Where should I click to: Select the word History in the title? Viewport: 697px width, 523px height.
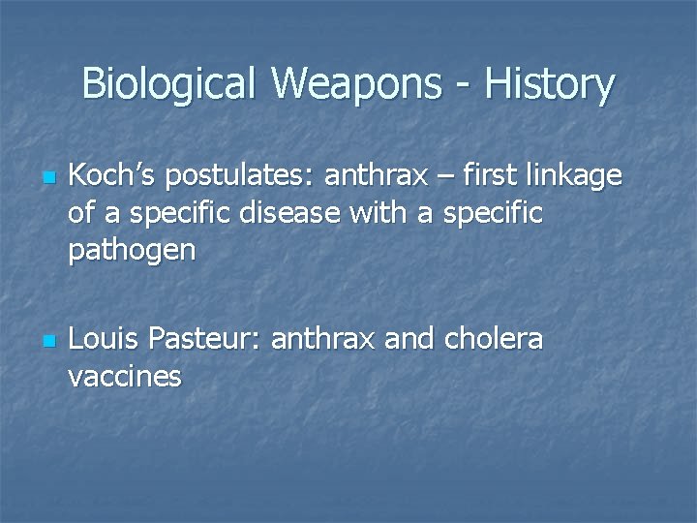pos(549,84)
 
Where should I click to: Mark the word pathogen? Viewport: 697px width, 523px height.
pos(132,251)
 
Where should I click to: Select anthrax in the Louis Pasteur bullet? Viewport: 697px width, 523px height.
pos(323,340)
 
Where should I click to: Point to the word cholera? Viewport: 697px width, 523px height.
pos(494,340)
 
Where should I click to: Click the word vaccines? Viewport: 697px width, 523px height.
pos(125,377)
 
